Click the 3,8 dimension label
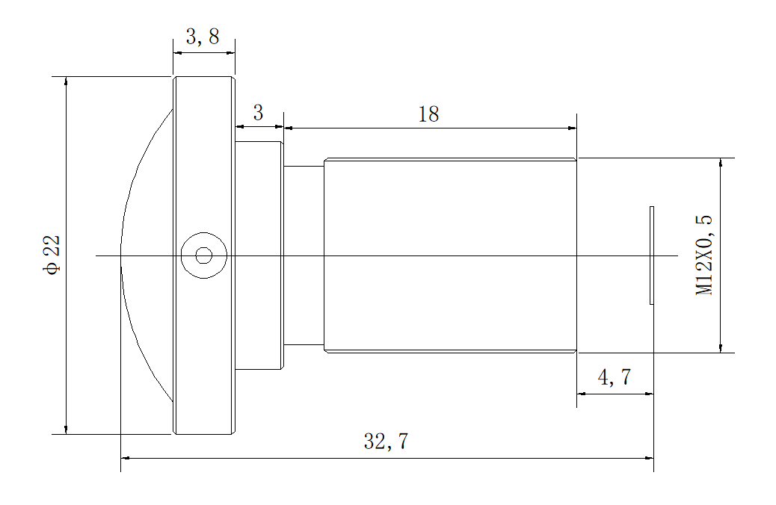203,37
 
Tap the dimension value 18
428,114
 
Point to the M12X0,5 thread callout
704,255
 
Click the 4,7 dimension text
615,378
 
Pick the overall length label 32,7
386,442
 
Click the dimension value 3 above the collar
258,114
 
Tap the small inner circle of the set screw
203,255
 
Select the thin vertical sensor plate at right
652,255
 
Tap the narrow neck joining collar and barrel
304,224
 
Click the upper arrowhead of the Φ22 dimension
67,81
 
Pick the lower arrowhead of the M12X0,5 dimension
721,347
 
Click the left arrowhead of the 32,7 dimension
126,458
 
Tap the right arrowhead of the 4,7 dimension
649,394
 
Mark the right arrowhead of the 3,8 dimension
230,52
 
